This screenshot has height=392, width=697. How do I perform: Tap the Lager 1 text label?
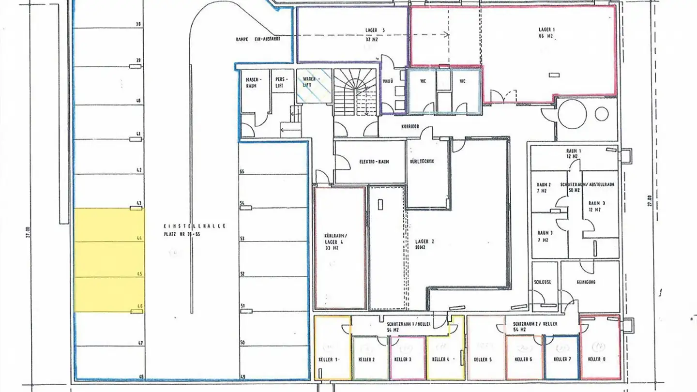(546, 32)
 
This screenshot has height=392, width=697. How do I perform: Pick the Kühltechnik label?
(422, 161)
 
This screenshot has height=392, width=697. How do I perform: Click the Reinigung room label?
(586, 282)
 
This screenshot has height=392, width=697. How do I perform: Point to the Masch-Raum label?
(254, 82)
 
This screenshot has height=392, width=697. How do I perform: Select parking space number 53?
(273, 239)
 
